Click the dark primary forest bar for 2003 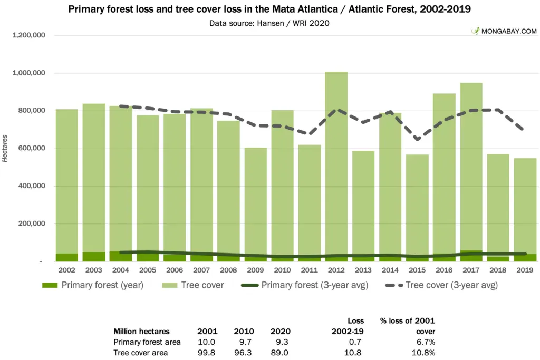coord(94,257)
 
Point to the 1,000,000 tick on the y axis coord(28,73)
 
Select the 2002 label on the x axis coord(67,270)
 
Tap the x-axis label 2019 coord(525,270)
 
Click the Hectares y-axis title coord(5,148)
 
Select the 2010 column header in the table coord(244,332)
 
